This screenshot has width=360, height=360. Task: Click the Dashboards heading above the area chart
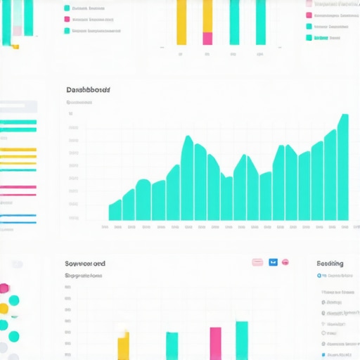click(88, 90)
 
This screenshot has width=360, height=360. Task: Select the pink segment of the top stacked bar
click(207, 38)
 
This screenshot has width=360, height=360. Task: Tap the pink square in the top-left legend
click(67, 19)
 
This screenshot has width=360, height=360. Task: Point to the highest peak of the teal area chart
click(344, 117)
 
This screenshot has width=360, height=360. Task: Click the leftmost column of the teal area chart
click(115, 212)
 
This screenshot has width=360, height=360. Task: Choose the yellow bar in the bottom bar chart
click(123, 346)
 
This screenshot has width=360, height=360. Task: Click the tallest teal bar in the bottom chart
click(241, 340)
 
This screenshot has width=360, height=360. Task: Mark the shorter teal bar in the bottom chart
click(172, 345)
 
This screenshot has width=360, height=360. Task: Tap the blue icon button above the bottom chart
click(274, 262)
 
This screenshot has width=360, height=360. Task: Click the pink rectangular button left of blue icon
click(257, 262)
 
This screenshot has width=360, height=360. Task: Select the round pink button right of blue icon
click(285, 262)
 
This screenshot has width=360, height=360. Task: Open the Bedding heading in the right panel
click(330, 263)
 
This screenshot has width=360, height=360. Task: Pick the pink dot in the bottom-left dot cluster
click(4, 288)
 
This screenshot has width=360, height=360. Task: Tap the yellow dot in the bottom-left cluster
click(4, 309)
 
